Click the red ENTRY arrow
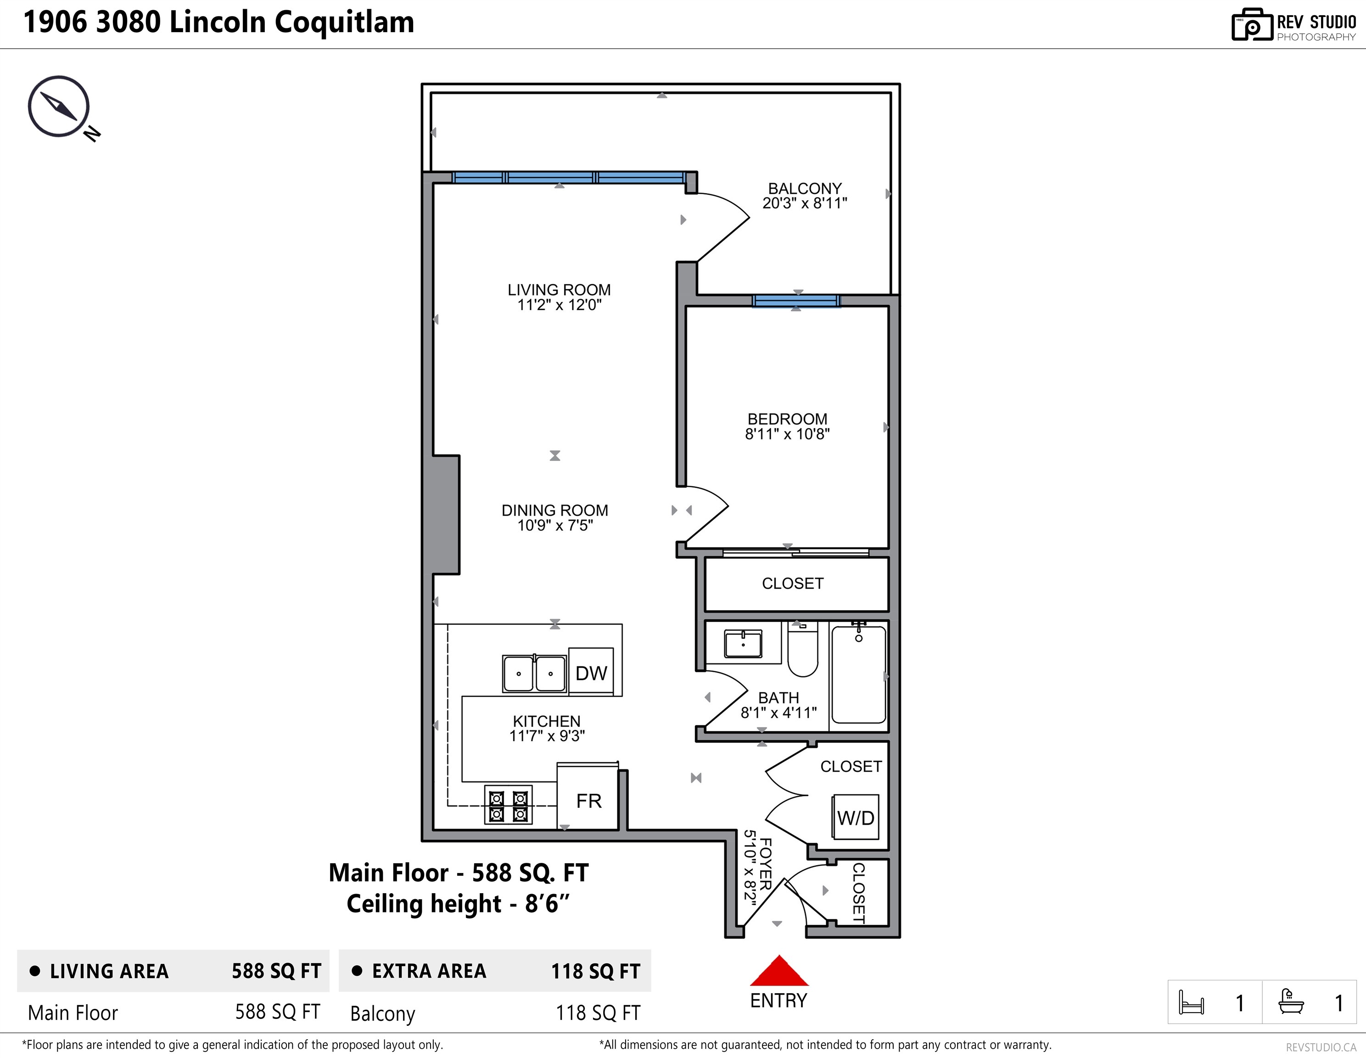pyautogui.click(x=778, y=971)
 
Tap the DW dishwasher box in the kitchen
pyautogui.click(x=591, y=671)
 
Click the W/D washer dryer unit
pyautogui.click(x=856, y=816)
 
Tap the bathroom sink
pyautogui.click(x=743, y=644)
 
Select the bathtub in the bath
pyautogui.click(x=859, y=675)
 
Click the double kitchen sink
pyautogui.click(x=535, y=673)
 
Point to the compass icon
pyautogui.click(x=60, y=107)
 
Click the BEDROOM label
pyautogui.click(x=788, y=419)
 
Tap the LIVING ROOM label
pyautogui.click(x=559, y=290)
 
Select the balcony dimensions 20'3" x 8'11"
pyautogui.click(x=805, y=203)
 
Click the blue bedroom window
pyautogui.click(x=796, y=301)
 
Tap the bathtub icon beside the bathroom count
pyautogui.click(x=1291, y=1001)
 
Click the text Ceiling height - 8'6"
pyautogui.click(x=459, y=903)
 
